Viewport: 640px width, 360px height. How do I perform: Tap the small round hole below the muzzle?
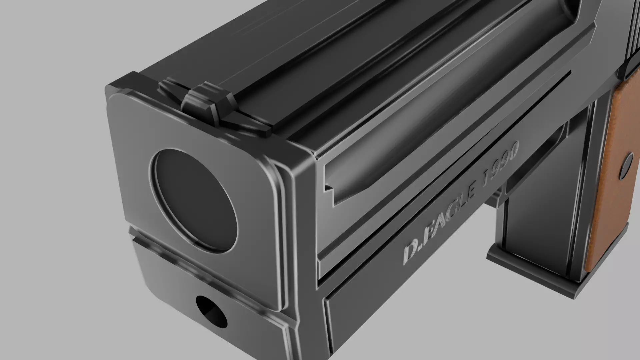point(211,312)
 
